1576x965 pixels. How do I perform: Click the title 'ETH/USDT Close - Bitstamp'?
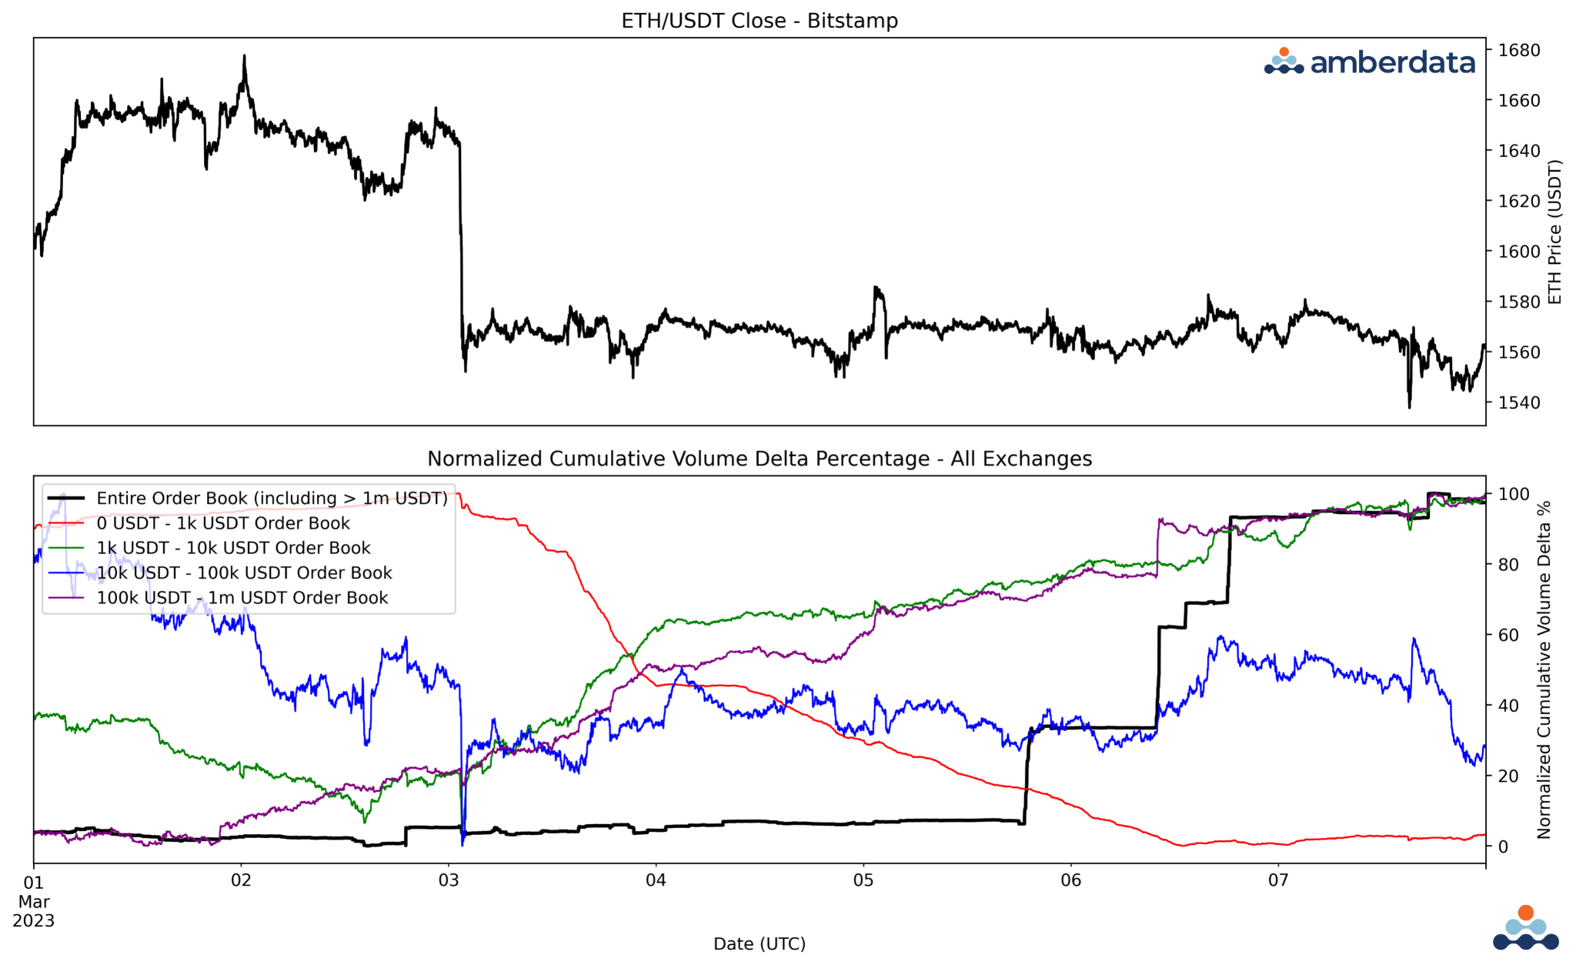759,21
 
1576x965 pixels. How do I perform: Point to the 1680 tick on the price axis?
1518,51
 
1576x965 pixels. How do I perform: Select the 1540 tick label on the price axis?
1518,402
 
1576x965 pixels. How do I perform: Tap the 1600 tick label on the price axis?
1518,252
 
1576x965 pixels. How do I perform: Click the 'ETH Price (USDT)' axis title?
1554,232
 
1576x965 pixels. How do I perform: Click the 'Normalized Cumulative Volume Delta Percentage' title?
759,459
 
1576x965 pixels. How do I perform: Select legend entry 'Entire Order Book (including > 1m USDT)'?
272,499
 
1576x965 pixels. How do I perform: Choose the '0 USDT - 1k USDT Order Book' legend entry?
223,523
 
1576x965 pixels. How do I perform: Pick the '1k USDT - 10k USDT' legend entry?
233,548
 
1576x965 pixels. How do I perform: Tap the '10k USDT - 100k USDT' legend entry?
244,573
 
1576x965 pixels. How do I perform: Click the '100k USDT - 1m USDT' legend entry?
242,598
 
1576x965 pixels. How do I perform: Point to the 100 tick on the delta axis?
1513,494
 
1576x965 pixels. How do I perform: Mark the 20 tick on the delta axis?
1508,776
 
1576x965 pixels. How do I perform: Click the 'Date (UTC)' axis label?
759,943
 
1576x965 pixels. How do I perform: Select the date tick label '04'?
656,880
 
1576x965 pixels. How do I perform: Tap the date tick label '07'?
1278,880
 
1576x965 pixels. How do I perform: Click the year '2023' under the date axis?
34,921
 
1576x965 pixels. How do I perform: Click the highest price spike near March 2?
245,57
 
